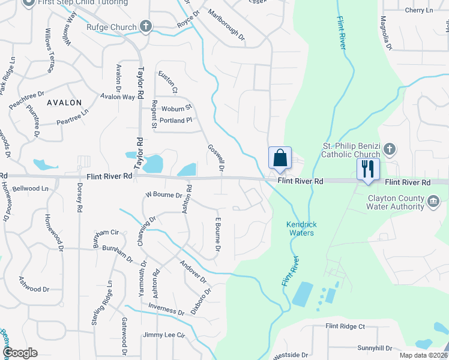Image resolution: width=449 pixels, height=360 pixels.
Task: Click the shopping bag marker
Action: click(x=280, y=158)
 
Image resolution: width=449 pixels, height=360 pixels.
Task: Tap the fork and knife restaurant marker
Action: click(x=367, y=168)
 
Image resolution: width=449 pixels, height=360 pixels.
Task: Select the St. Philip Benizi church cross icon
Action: click(x=389, y=148)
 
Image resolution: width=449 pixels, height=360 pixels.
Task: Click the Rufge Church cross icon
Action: click(x=145, y=26)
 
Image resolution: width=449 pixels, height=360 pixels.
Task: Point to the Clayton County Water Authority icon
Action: click(x=433, y=199)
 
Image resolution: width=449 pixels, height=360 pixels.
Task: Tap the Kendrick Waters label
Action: click(x=301, y=229)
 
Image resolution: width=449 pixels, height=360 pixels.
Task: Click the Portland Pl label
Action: click(x=175, y=120)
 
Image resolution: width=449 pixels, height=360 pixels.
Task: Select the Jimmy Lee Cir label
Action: click(x=164, y=335)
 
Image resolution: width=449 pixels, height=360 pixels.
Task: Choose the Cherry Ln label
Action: click(x=418, y=10)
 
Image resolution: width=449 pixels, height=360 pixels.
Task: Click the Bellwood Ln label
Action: click(x=30, y=188)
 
